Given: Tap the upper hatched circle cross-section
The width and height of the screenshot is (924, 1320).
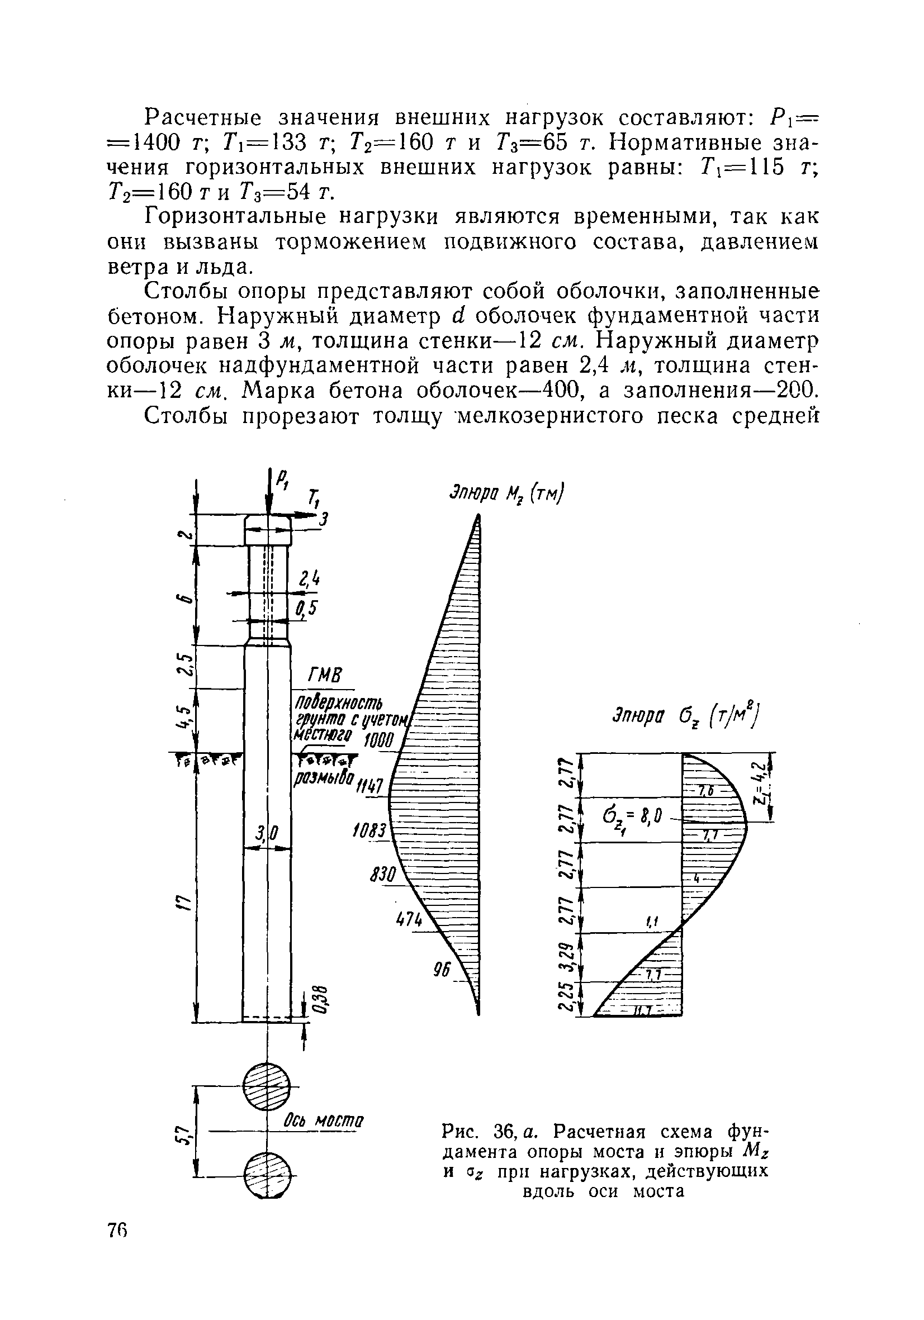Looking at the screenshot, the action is click(x=267, y=1086).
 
